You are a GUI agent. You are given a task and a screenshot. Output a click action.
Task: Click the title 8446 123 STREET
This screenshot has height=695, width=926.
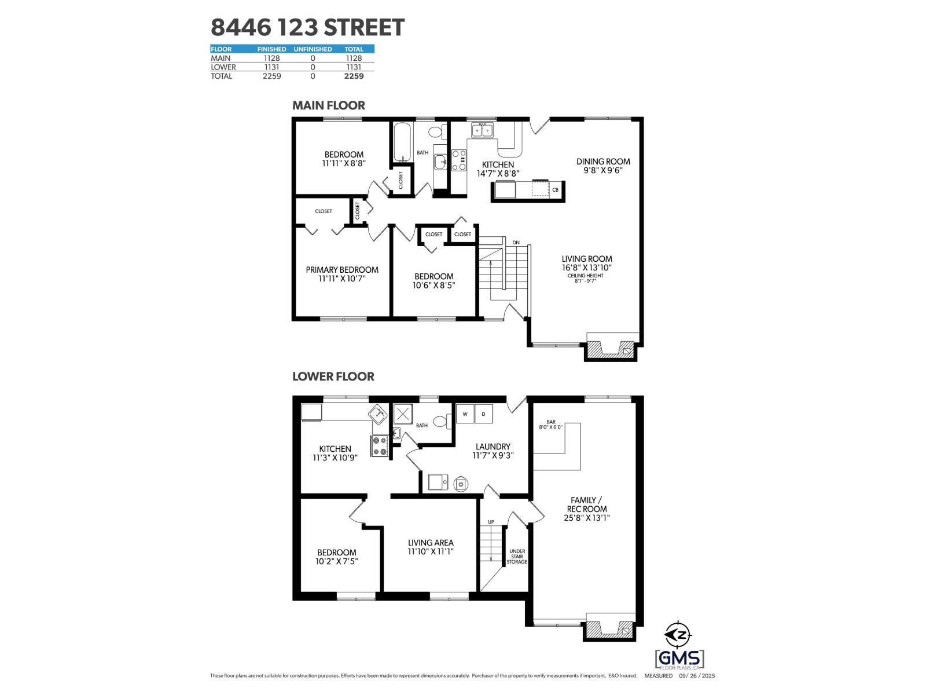pyautogui.click(x=307, y=27)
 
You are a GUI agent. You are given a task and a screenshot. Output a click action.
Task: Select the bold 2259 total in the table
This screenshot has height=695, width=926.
pyautogui.click(x=354, y=76)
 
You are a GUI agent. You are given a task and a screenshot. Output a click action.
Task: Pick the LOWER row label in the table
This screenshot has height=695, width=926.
pyautogui.click(x=223, y=67)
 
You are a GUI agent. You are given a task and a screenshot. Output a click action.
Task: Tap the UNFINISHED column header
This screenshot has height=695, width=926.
pyautogui.click(x=313, y=49)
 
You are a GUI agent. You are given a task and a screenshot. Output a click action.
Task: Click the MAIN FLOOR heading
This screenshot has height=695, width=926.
pyautogui.click(x=328, y=105)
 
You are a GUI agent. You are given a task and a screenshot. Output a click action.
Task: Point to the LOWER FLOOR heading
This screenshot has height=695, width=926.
pyautogui.click(x=333, y=376)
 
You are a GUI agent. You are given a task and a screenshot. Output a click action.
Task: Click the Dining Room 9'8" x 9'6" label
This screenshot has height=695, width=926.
pyautogui.click(x=603, y=166)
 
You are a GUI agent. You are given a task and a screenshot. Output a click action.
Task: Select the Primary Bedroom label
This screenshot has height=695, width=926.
pyautogui.click(x=342, y=274)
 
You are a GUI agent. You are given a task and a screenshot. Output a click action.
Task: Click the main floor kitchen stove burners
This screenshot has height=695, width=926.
pyautogui.click(x=459, y=160)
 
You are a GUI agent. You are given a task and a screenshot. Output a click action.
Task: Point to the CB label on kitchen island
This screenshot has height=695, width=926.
pyautogui.click(x=555, y=190)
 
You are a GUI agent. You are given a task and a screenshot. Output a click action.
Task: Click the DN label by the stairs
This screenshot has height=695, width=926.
pyautogui.click(x=516, y=242)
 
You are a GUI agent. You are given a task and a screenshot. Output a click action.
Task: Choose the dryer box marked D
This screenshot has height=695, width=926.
pyautogui.click(x=484, y=415)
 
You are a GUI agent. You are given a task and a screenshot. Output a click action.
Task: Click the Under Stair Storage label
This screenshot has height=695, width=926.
pyautogui.click(x=517, y=557)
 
